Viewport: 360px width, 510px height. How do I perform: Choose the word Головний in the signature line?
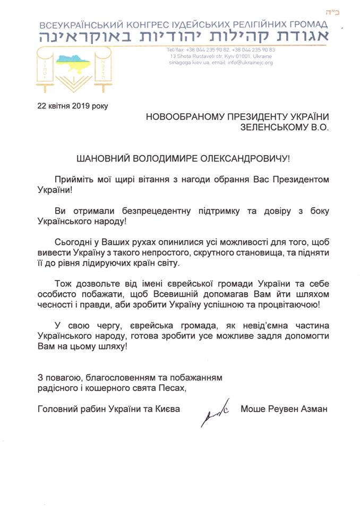click(58, 409)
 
